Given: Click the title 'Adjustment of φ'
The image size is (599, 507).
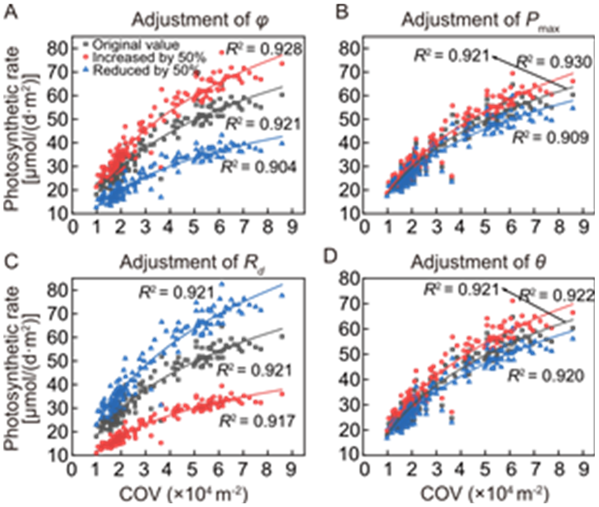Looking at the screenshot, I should (x=200, y=20).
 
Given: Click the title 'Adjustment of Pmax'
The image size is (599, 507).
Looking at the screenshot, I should (x=480, y=21).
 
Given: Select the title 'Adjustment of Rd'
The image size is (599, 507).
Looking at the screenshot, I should (x=192, y=263).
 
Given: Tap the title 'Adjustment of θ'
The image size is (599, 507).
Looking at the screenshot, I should (x=478, y=262).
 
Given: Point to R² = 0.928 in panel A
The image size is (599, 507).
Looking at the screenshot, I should (x=264, y=48).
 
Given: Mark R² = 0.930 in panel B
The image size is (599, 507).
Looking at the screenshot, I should (x=554, y=62).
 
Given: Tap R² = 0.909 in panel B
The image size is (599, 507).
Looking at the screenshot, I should (x=550, y=138).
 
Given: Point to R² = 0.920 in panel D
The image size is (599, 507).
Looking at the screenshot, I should (x=546, y=375).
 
